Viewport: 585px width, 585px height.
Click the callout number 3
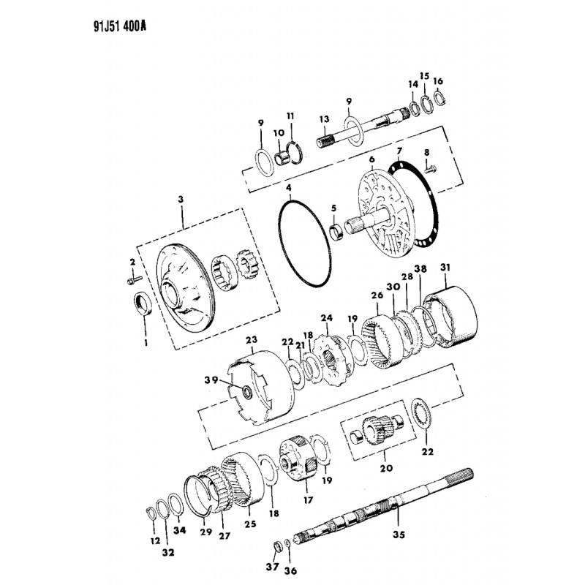[181, 199]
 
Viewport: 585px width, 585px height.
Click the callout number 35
[399, 535]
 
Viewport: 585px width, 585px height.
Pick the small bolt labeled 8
[430, 170]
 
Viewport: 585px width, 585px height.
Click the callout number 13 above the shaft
[324, 119]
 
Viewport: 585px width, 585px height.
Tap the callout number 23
[252, 340]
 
